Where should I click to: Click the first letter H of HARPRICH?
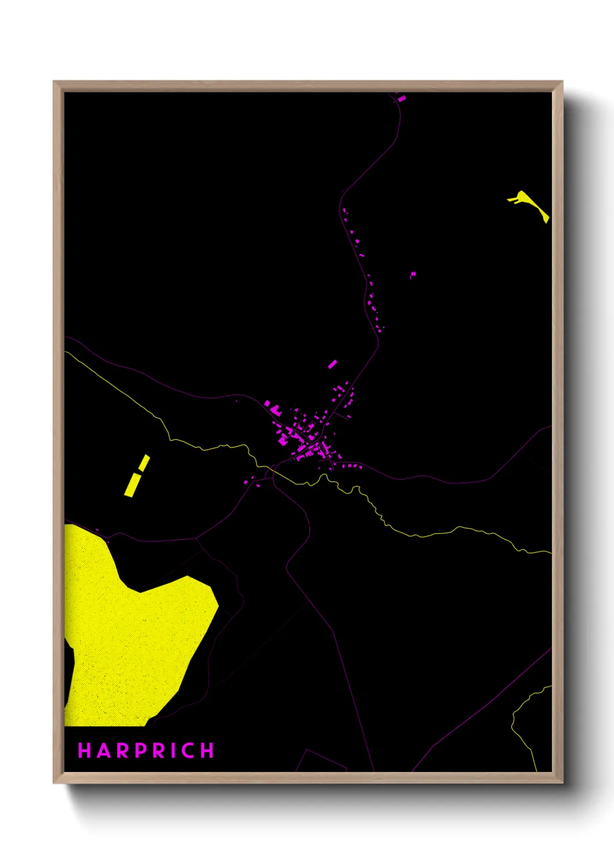tap(84, 750)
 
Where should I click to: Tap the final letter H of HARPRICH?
tap(207, 750)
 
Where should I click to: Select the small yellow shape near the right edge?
tap(529, 204)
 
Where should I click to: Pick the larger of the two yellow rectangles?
tap(132, 485)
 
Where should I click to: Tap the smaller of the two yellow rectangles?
tap(144, 463)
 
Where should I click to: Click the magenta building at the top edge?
tap(402, 99)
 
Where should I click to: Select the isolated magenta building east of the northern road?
tap(413, 274)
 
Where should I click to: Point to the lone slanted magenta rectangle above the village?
tap(332, 364)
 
